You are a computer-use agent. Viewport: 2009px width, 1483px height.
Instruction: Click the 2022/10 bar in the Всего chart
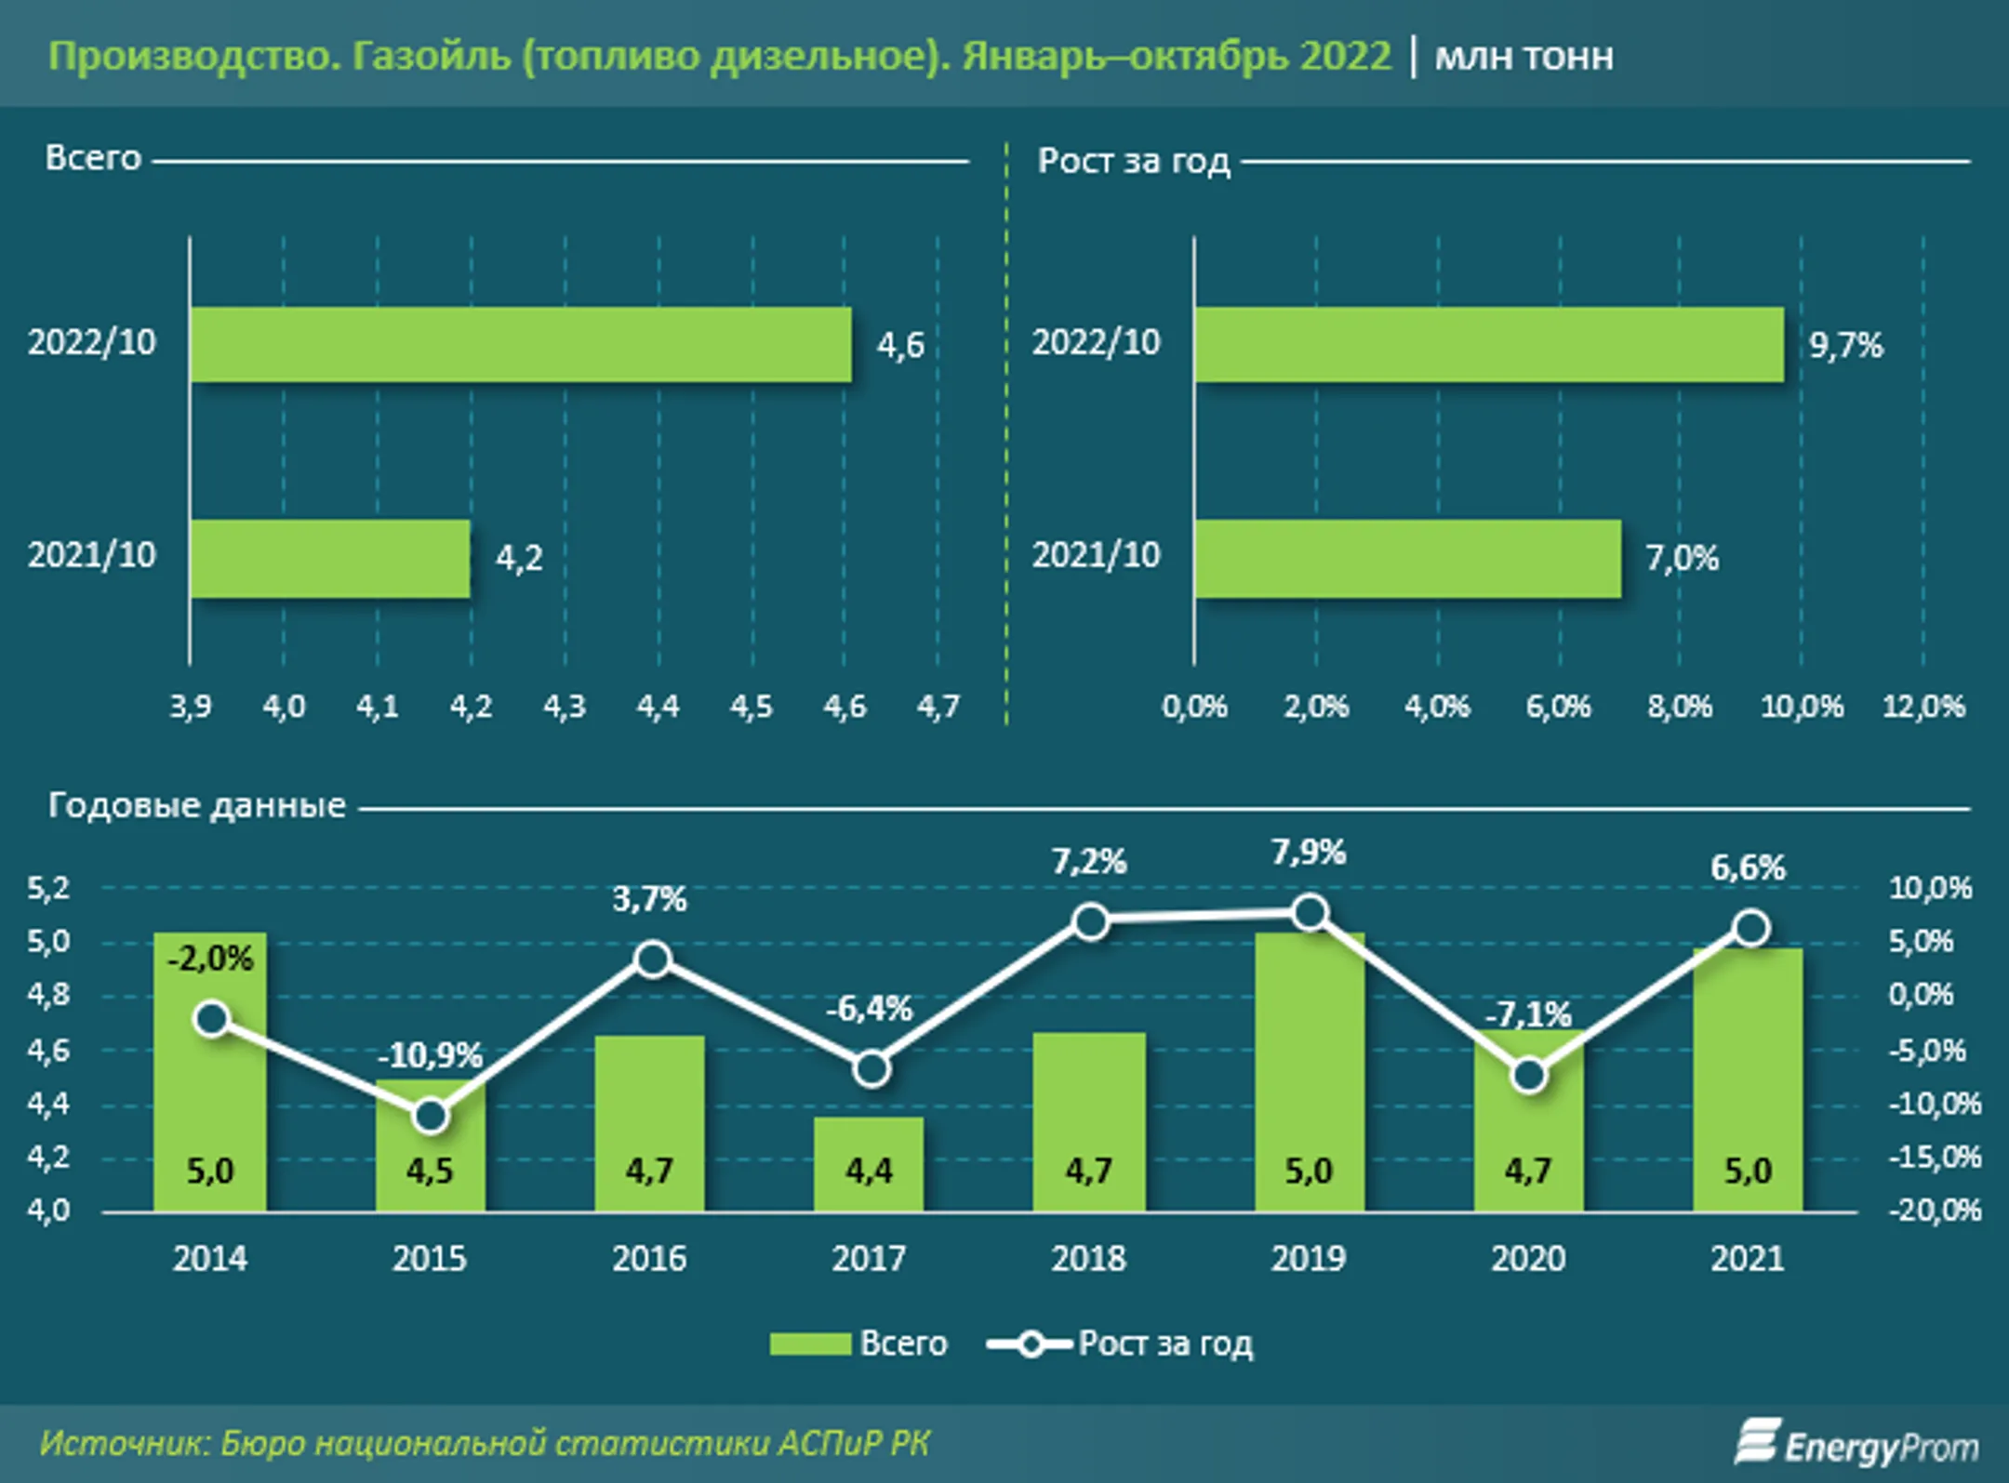pyautogui.click(x=521, y=345)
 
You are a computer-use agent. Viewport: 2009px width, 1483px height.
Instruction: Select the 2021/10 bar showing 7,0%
pyautogui.click(x=1407, y=558)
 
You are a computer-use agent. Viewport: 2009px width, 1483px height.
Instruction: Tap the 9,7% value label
pyautogui.click(x=1844, y=346)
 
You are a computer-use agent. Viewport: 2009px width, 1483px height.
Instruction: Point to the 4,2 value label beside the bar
pyautogui.click(x=518, y=558)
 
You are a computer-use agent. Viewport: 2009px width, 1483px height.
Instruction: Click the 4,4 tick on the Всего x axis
pyautogui.click(x=658, y=707)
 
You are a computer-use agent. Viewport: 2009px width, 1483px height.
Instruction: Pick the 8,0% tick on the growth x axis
pyautogui.click(x=1679, y=707)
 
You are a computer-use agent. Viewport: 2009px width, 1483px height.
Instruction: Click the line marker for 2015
pyautogui.click(x=430, y=1116)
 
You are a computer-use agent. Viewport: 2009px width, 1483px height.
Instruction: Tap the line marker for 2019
pyautogui.click(x=1310, y=913)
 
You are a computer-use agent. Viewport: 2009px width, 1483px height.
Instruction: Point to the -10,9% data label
pyautogui.click(x=430, y=1055)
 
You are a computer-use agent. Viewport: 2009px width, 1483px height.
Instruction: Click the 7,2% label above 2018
pyautogui.click(x=1088, y=862)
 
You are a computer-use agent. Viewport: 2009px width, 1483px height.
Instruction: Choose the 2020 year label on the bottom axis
pyautogui.click(x=1528, y=1259)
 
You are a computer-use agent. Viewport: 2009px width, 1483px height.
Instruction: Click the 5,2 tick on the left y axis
pyautogui.click(x=48, y=889)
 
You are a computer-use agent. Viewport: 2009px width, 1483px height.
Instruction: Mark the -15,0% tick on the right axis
pyautogui.click(x=1934, y=1158)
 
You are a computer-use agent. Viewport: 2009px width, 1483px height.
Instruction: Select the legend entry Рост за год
pyautogui.click(x=1164, y=1344)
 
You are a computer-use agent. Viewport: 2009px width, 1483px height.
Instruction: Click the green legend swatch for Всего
pyautogui.click(x=809, y=1344)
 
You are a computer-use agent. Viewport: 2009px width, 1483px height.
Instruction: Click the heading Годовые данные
pyautogui.click(x=196, y=805)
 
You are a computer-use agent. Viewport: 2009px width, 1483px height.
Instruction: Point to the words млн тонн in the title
pyautogui.click(x=1523, y=58)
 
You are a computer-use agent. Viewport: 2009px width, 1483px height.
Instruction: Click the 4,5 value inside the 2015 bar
pyautogui.click(x=430, y=1172)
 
